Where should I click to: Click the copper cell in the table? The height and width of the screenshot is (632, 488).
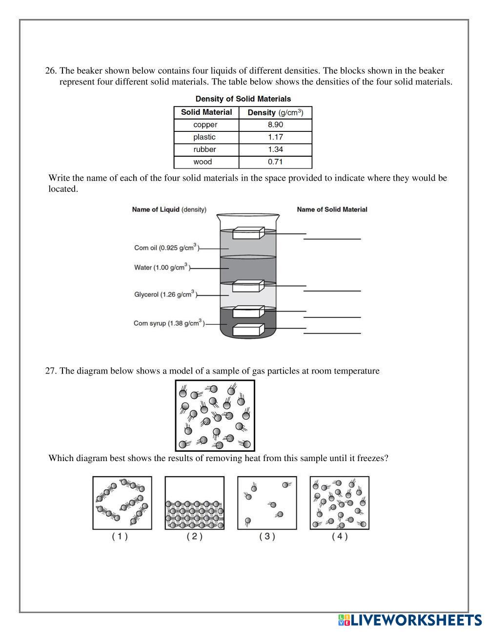[x=205, y=125]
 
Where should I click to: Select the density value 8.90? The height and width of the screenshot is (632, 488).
[x=275, y=125]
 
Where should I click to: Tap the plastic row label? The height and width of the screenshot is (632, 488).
[x=204, y=137]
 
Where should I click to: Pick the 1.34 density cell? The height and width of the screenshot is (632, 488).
[x=275, y=149]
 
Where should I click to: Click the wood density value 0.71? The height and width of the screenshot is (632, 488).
[x=275, y=162]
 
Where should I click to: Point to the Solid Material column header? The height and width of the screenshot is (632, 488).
[x=206, y=112]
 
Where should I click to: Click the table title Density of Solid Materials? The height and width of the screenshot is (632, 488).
[x=243, y=99]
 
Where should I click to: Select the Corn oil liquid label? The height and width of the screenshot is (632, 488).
[x=166, y=248]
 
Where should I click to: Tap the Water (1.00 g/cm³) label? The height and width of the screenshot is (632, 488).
[x=161, y=268]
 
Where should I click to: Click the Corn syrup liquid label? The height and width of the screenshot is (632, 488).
[x=168, y=323]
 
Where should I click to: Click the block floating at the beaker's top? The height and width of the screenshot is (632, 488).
[x=248, y=233]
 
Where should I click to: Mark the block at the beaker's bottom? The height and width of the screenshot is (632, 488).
[x=248, y=330]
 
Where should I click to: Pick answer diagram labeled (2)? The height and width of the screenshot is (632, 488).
[x=195, y=503]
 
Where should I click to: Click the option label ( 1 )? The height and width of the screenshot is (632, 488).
[x=120, y=536]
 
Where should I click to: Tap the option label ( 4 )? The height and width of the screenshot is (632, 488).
[x=340, y=536]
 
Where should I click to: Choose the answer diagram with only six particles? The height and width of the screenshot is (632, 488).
[x=267, y=503]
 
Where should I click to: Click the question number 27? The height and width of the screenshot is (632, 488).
[x=51, y=371]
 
